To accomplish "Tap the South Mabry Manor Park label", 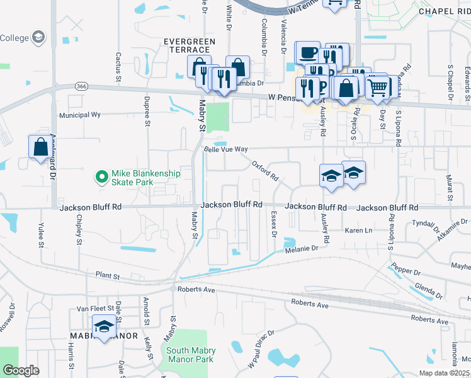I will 191,355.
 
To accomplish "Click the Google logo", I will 21,370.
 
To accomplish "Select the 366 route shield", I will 81,87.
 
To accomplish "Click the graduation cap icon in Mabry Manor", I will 104,327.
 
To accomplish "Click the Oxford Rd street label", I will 265,171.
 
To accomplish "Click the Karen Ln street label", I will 359,231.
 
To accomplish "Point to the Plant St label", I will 108,275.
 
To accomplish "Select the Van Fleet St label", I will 93,309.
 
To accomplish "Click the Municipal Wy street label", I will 80,115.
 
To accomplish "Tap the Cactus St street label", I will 118,67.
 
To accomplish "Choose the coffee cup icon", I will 308,52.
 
